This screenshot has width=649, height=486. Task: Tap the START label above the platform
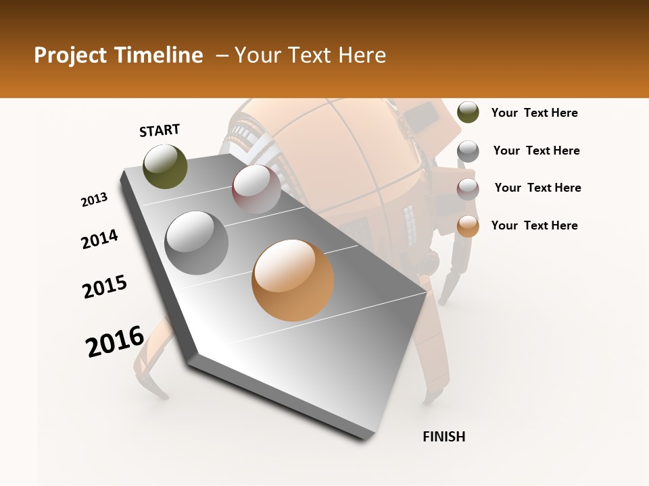tap(160, 130)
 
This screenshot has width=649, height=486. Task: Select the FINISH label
tap(444, 437)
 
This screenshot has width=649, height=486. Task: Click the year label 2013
tap(95, 200)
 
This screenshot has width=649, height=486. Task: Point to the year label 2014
tap(100, 240)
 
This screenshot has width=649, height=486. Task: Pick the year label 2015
tap(105, 287)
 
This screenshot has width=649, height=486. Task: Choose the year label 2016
tap(115, 342)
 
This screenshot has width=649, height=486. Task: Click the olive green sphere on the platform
tap(165, 167)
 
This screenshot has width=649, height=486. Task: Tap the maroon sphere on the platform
tap(256, 190)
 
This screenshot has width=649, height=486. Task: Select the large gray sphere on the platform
tap(197, 243)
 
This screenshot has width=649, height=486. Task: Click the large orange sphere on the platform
tap(293, 280)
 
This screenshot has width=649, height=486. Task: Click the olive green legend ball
tap(468, 112)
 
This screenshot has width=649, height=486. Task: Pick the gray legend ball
tap(468, 151)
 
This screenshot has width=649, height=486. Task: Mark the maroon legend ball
tap(468, 189)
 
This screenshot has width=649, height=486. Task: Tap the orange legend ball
tap(468, 227)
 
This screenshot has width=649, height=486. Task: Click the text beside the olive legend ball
tap(534, 113)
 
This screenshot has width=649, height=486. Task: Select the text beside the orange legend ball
tap(534, 225)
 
